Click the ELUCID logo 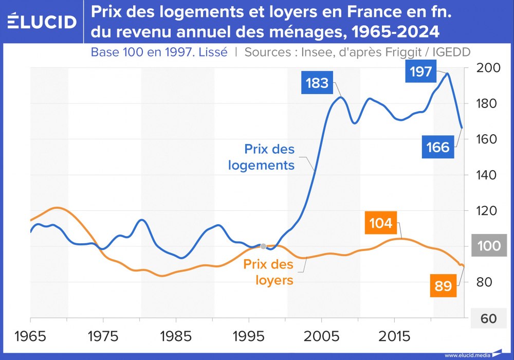coord(42,22)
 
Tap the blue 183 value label coord(317,83)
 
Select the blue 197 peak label coord(421,71)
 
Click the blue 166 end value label coord(438,148)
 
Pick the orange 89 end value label coord(443,286)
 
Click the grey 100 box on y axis coord(488,246)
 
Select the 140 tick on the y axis coord(488,175)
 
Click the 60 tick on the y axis coord(488,318)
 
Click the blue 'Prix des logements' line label coord(269,157)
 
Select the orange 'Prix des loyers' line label coord(268,273)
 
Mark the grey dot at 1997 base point coord(263,246)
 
